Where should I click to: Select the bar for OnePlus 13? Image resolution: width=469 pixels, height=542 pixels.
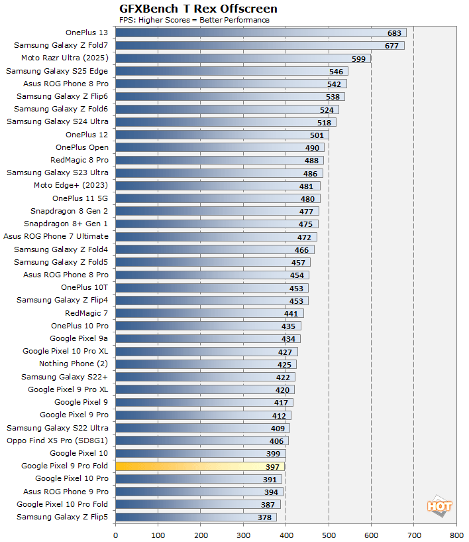point(260,33)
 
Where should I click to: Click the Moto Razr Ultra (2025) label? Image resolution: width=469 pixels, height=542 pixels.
point(64,58)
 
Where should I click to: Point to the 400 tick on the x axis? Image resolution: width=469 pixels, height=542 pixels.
point(286,534)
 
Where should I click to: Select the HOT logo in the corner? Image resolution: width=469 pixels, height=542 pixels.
point(439,506)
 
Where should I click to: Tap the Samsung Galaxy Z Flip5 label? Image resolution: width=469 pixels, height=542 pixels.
point(62,517)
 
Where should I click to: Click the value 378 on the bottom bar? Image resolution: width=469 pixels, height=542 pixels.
point(265,517)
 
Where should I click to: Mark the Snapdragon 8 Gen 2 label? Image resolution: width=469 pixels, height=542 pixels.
point(69,211)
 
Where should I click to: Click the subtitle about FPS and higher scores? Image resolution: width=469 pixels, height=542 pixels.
point(194,20)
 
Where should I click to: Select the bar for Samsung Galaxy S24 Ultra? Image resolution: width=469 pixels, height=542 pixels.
point(225,122)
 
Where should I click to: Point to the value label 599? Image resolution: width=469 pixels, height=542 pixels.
point(359,58)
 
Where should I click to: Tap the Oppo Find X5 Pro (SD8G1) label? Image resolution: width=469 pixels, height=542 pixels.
point(58,440)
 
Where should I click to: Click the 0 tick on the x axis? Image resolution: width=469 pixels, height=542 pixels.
point(116,534)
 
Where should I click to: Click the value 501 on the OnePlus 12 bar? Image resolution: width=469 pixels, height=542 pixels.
point(317,135)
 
